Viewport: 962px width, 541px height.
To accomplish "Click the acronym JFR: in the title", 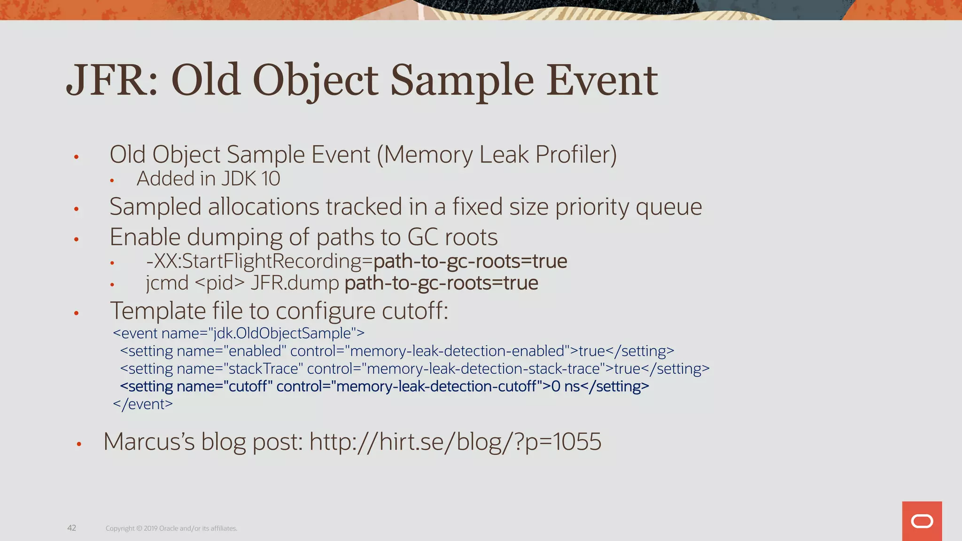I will (112, 80).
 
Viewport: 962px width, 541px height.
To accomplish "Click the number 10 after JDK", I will (271, 179).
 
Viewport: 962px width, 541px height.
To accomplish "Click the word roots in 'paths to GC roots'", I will (471, 237).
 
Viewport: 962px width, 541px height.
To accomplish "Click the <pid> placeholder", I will (219, 283).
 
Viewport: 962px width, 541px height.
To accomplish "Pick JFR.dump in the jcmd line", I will (295, 283).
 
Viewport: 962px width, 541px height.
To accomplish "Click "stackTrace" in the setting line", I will (261, 369).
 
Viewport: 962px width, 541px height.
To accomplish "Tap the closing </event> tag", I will (143, 404).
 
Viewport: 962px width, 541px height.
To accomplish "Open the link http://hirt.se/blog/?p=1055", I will (455, 442).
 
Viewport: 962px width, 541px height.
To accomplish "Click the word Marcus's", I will (149, 442).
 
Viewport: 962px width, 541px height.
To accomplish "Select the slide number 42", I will (72, 528).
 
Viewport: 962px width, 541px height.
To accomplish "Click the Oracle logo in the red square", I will (922, 521).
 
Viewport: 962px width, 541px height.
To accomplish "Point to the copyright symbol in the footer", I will (139, 529).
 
